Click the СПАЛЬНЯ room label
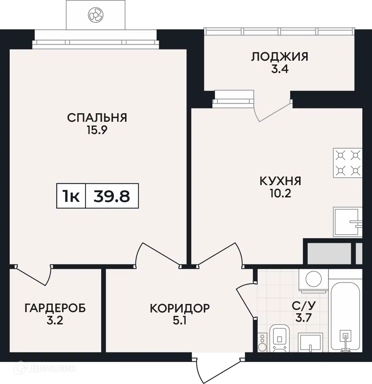[97, 118]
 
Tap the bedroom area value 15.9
[97, 130]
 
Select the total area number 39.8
[112, 196]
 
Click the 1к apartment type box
[71, 196]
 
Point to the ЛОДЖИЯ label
[280, 57]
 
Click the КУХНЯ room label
[280, 181]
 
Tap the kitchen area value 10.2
[280, 194]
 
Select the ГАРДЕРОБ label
[55, 308]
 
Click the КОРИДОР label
[180, 308]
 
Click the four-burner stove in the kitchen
[347, 163]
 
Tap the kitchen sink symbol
[347, 222]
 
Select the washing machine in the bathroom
[314, 281]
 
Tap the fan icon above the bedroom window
[96, 15]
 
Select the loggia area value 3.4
[280, 69]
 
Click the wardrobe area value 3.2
[55, 321]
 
